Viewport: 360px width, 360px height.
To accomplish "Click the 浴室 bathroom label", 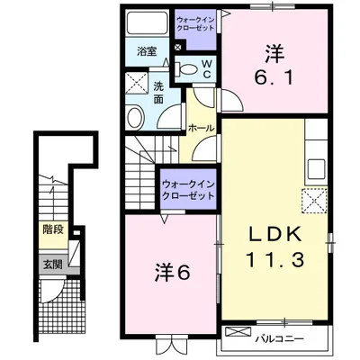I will (147, 51).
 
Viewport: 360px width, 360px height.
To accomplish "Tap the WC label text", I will (207, 68).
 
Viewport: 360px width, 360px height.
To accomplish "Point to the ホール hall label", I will (202, 129).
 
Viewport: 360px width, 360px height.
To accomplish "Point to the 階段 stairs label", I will (50, 230).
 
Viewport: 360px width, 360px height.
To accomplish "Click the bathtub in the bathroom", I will (147, 23).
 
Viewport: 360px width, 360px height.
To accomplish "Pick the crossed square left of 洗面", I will (137, 85).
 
